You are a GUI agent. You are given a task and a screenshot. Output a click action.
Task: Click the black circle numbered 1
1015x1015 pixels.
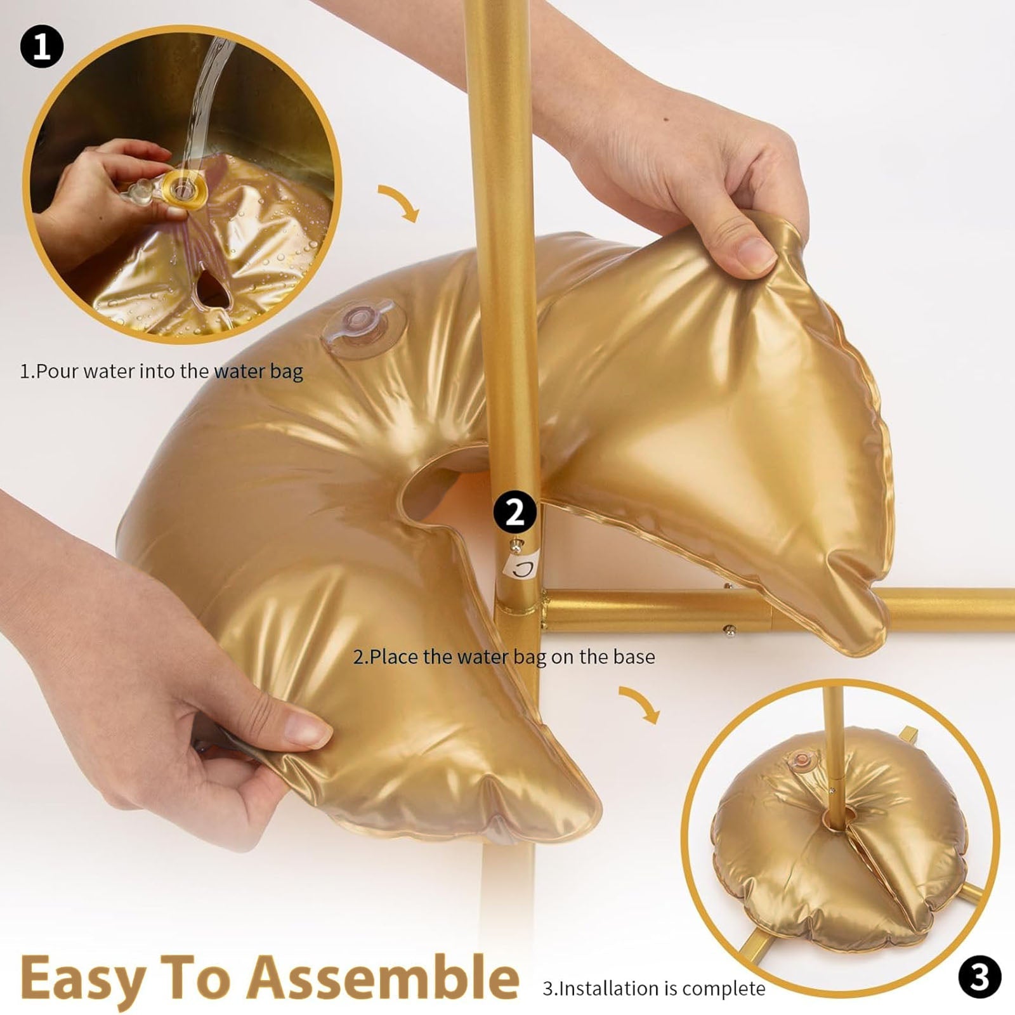pyautogui.click(x=42, y=46)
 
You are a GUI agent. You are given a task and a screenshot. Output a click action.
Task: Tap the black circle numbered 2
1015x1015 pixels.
pyautogui.click(x=514, y=511)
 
